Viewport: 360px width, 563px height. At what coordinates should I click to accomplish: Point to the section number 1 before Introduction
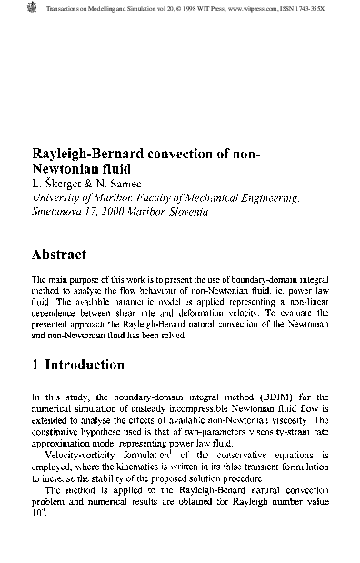(x=35, y=365)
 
